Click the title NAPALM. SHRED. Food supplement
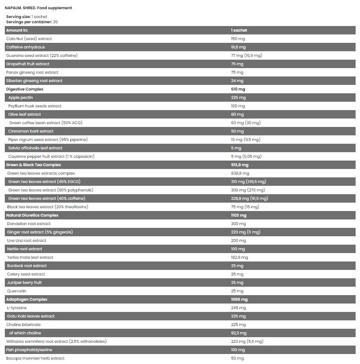(x=38, y=8)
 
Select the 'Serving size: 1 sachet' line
(x=26, y=17)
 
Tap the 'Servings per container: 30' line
(x=32, y=22)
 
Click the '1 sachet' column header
(x=239, y=30)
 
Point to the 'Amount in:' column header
(x=17, y=30)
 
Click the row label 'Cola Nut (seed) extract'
(x=29, y=39)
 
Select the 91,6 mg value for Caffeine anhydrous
(x=238, y=47)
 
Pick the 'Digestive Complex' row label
(x=25, y=89)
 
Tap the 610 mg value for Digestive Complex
(x=238, y=89)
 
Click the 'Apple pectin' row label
(x=20, y=98)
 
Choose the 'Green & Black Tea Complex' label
(x=34, y=165)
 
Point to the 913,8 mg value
(x=240, y=165)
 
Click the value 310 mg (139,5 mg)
(x=248, y=182)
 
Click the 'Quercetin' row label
(x=17, y=291)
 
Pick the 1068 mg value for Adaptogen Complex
(x=239, y=300)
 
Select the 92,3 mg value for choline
(x=238, y=333)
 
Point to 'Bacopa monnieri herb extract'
(x=35, y=358)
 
